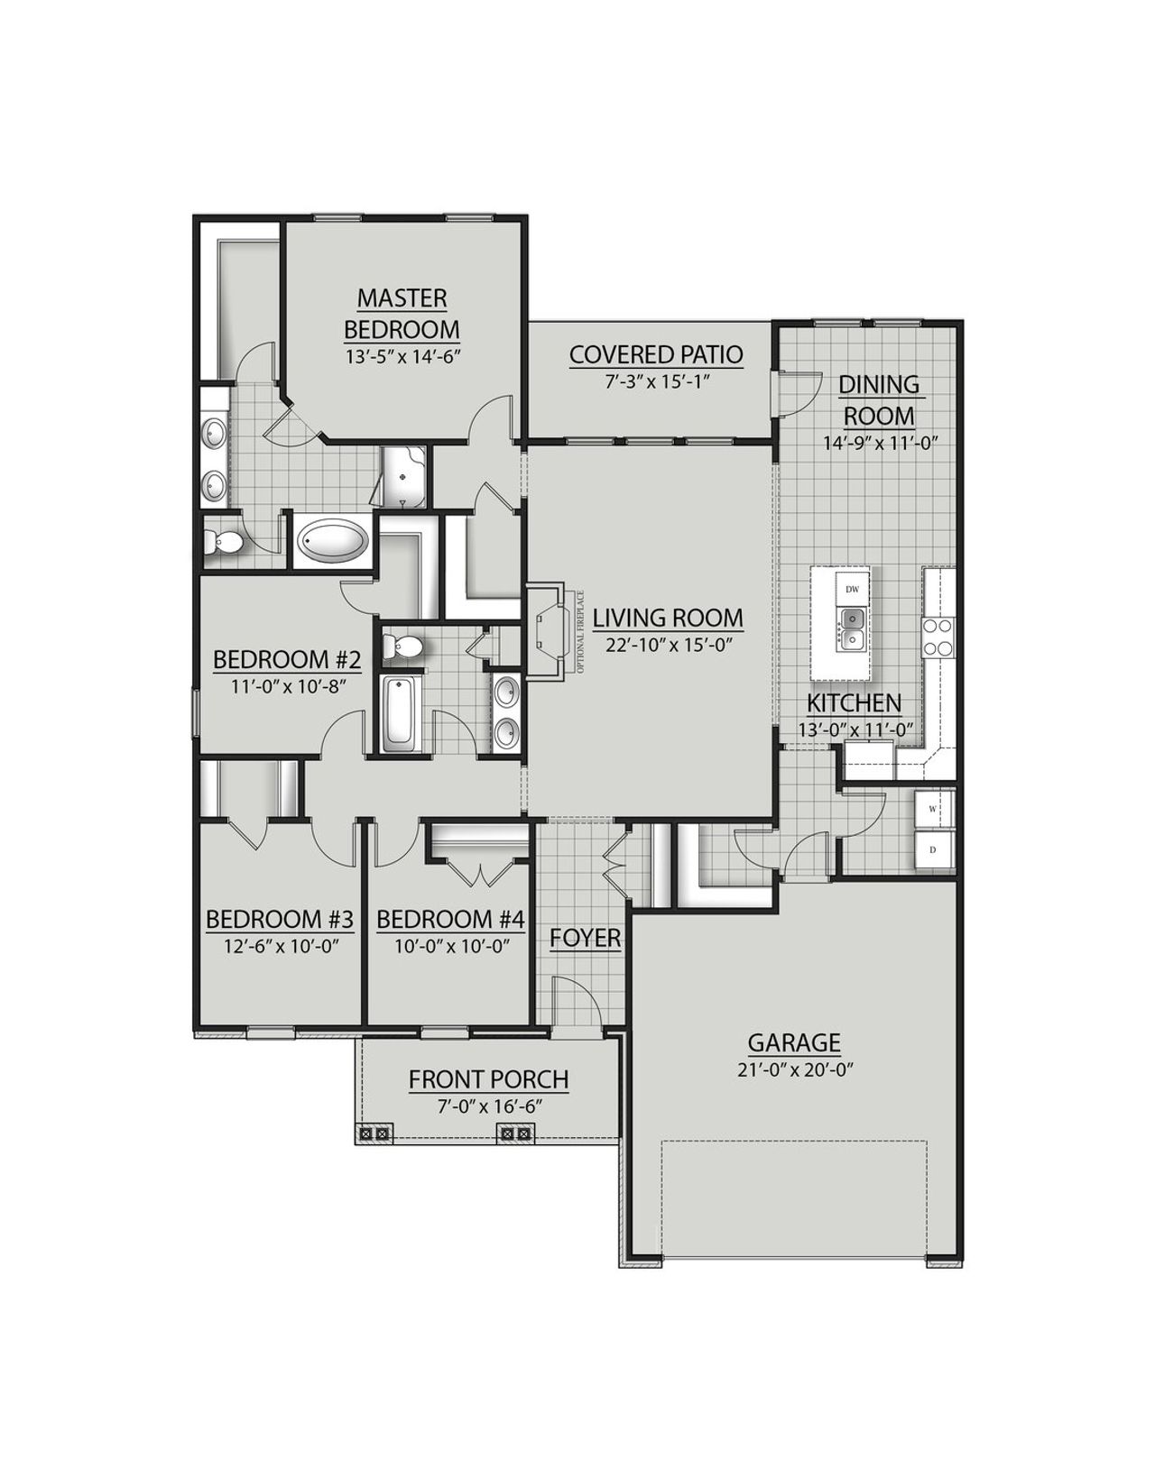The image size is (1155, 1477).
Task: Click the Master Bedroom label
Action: pyautogui.click(x=402, y=313)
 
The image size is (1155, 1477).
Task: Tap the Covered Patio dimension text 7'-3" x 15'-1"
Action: pyautogui.click(x=655, y=381)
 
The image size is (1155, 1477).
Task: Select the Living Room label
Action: pyautogui.click(x=668, y=618)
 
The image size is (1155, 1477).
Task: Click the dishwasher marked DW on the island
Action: pyautogui.click(x=852, y=590)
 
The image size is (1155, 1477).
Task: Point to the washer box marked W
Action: pyautogui.click(x=933, y=809)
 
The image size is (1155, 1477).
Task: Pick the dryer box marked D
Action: pyautogui.click(x=933, y=849)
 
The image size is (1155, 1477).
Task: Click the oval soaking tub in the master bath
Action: pyautogui.click(x=331, y=541)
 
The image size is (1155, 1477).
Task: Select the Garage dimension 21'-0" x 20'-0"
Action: pyautogui.click(x=794, y=1069)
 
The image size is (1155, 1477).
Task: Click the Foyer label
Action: pyautogui.click(x=586, y=939)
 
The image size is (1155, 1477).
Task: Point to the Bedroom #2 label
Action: pyautogui.click(x=287, y=660)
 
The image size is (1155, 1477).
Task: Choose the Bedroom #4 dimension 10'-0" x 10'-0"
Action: pyautogui.click(x=450, y=946)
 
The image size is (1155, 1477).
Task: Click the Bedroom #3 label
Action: pyautogui.click(x=279, y=920)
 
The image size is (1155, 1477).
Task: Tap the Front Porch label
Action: pyautogui.click(x=488, y=1079)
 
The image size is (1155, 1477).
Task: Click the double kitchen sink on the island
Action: pyautogui.click(x=852, y=629)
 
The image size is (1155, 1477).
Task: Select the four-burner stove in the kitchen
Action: pyautogui.click(x=938, y=636)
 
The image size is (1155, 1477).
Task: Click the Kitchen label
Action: pyautogui.click(x=854, y=703)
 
